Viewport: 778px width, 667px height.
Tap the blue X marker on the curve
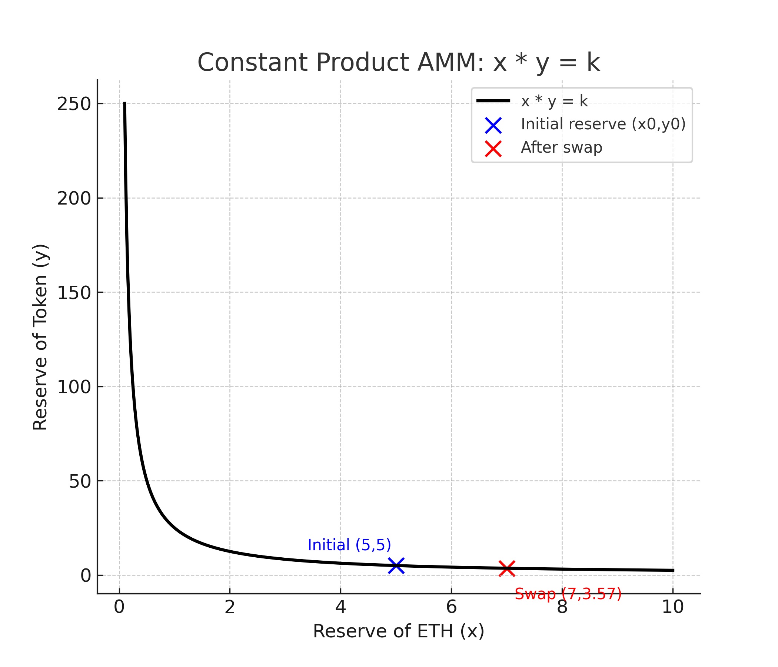[396, 565]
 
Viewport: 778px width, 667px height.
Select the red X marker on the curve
[506, 568]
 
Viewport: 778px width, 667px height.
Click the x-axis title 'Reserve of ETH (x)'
[398, 631]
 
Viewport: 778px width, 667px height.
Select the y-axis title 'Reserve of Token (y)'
[40, 337]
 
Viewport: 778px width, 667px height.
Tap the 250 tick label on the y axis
[74, 104]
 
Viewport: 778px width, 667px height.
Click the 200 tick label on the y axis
[74, 198]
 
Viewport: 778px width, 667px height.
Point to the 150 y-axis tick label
[74, 293]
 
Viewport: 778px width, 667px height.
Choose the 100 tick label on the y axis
[74, 387]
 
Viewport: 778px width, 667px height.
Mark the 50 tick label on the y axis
[80, 481]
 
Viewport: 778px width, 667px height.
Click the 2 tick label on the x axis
[230, 607]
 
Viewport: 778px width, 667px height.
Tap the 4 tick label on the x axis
[340, 607]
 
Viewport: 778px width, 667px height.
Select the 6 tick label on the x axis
[451, 607]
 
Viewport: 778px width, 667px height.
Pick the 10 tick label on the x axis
[672, 607]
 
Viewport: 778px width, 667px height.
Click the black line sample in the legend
[493, 101]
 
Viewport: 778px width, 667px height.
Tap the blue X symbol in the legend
[493, 126]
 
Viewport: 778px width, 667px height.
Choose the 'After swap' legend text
[561, 147]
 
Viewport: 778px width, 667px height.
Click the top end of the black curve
[124, 103]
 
